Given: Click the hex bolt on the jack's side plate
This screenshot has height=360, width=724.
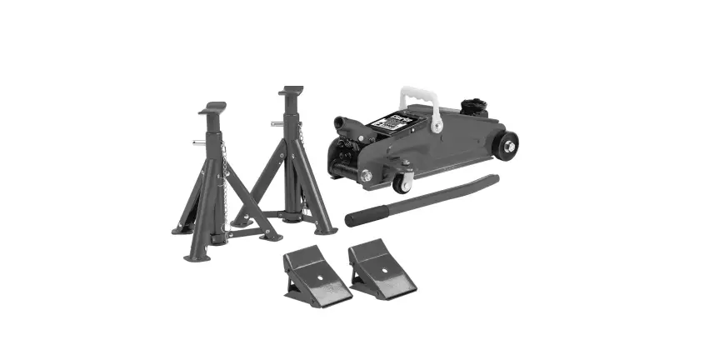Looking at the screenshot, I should tap(366, 175).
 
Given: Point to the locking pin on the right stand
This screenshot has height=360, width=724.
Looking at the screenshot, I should tap(277, 124).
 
